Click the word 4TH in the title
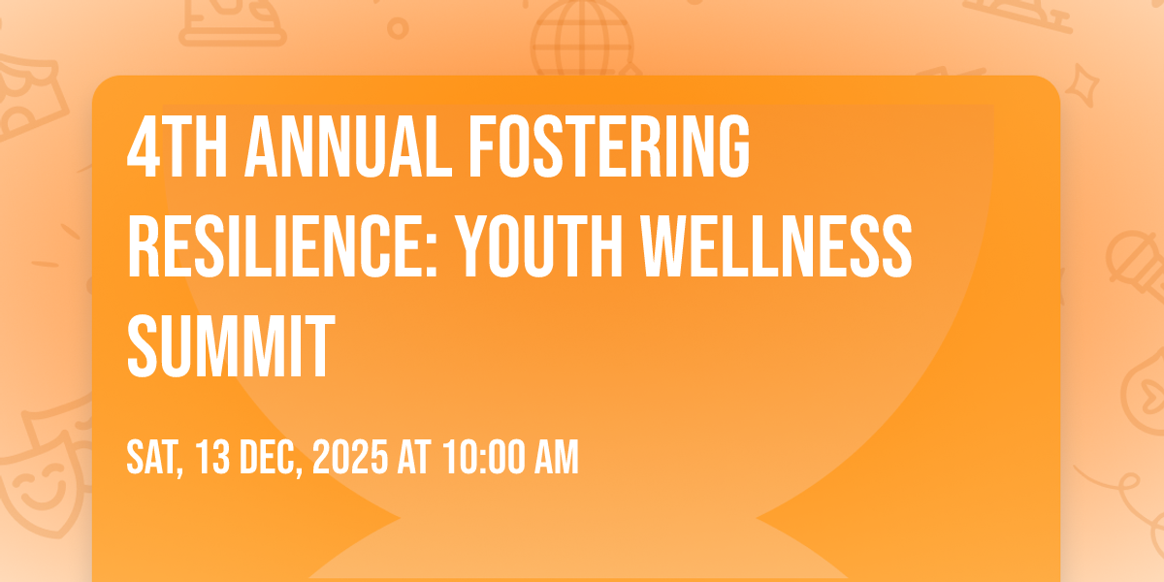click(177, 146)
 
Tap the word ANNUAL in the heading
click(348, 146)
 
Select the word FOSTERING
click(609, 146)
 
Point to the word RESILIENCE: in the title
click(282, 246)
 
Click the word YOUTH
click(539, 246)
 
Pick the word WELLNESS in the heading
click(776, 246)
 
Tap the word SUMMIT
click(231, 346)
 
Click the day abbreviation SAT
click(155, 458)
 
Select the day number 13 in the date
click(213, 457)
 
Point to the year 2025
click(350, 457)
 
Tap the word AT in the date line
click(414, 457)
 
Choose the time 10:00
click(484, 457)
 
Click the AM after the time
click(557, 457)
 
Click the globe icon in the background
click(582, 39)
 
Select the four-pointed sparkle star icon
click(1082, 84)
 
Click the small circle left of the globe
click(398, 28)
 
